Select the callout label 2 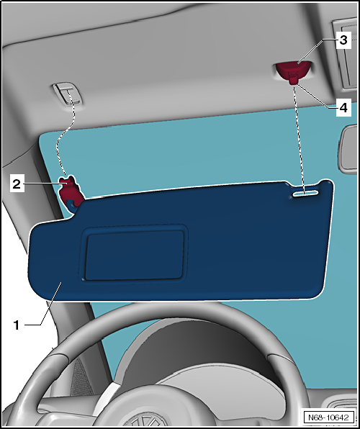[x=16, y=184]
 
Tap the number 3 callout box [x=344, y=38]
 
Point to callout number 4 [x=344, y=107]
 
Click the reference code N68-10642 [x=327, y=417]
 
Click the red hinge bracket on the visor [x=71, y=191]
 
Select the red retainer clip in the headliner [x=292, y=71]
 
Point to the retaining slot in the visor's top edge [x=306, y=193]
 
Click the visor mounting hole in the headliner [x=66, y=92]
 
